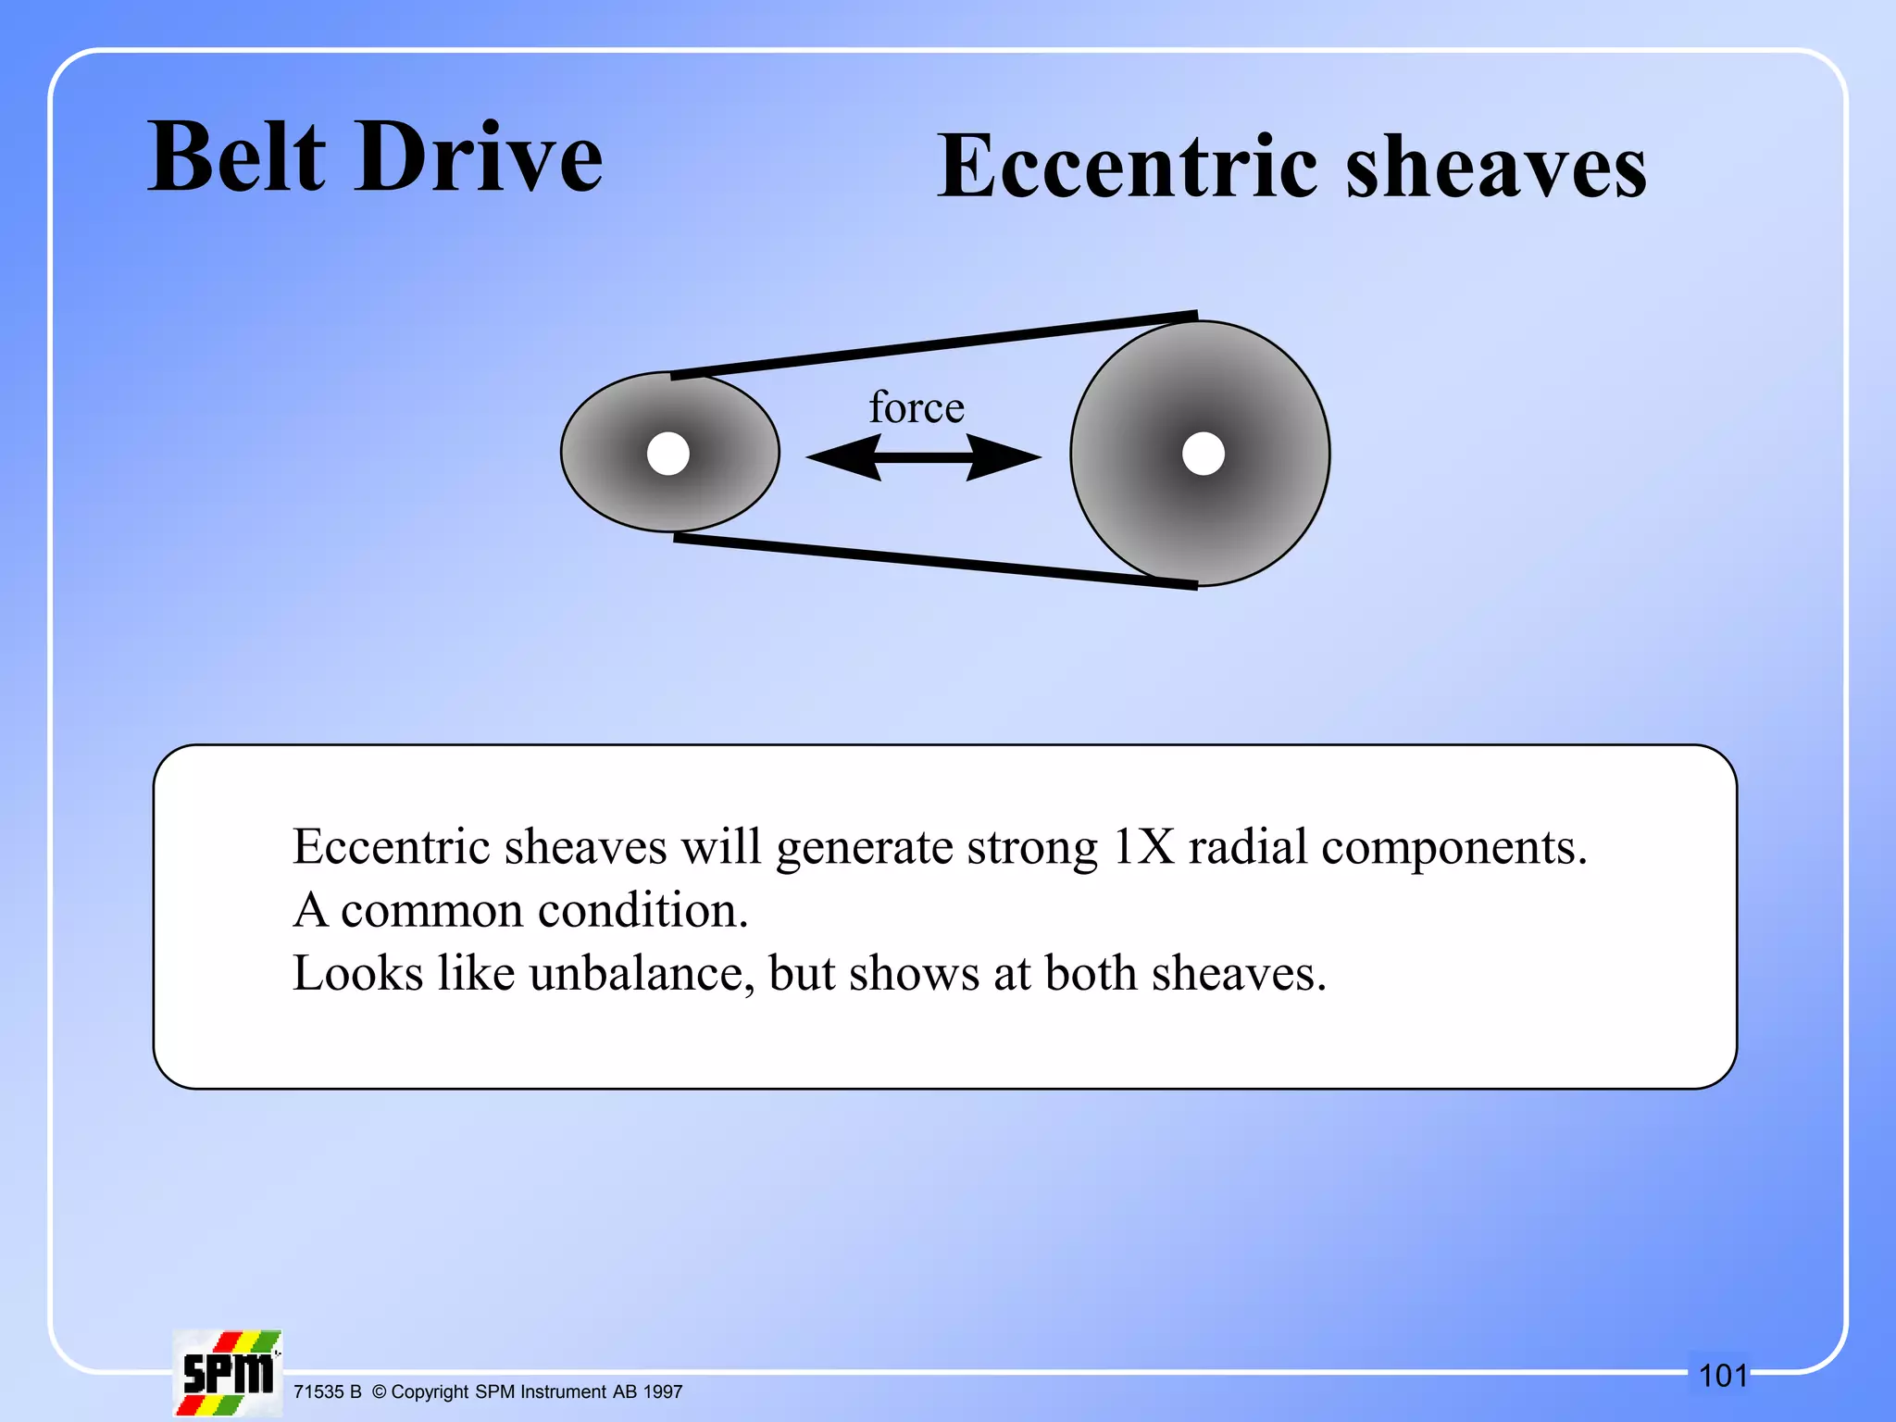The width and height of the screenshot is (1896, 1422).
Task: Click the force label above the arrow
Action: [917, 407]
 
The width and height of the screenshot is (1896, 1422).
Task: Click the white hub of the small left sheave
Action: [668, 454]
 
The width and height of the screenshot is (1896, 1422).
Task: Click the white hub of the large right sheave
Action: [1204, 454]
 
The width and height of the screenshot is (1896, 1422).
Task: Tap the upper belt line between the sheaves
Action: [935, 345]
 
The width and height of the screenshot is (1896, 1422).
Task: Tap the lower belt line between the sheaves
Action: [935, 560]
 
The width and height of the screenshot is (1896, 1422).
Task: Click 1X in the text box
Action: [1143, 846]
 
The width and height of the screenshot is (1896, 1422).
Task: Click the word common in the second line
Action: [432, 910]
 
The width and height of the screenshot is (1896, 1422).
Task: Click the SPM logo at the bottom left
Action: [228, 1373]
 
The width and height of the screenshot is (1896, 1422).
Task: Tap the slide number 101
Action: [1723, 1376]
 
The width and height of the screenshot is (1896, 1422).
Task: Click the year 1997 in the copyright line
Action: [663, 1391]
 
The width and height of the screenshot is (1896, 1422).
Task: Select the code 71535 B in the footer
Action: [327, 1391]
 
